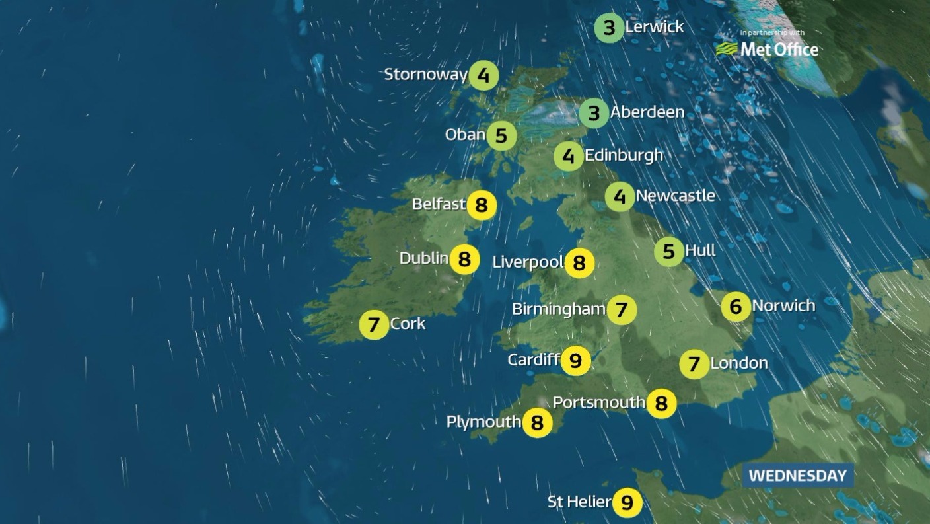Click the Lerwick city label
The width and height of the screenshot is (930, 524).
(654, 28)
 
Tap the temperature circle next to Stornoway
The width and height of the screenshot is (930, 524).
(483, 76)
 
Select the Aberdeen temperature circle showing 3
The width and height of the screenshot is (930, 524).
(594, 114)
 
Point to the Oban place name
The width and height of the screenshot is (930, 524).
(466, 135)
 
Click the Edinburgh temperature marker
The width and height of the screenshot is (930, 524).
(568, 157)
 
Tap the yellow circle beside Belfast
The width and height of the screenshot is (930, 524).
(482, 206)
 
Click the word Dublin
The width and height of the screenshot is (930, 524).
(424, 258)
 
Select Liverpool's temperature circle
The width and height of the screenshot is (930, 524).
(579, 263)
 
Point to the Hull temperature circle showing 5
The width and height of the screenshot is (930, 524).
(668, 252)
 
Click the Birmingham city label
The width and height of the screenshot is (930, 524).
(559, 309)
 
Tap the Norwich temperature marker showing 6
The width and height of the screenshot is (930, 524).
(736, 307)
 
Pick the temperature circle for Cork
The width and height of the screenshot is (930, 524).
(374, 325)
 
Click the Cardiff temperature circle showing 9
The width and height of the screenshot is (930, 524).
(575, 361)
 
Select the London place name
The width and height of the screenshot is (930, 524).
(738, 363)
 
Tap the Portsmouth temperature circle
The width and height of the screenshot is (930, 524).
(661, 403)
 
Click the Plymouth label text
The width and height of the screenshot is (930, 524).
(483, 422)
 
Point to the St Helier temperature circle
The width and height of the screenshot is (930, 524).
(627, 503)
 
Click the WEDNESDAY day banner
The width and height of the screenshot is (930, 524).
(797, 476)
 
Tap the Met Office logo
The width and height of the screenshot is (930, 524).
(768, 49)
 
